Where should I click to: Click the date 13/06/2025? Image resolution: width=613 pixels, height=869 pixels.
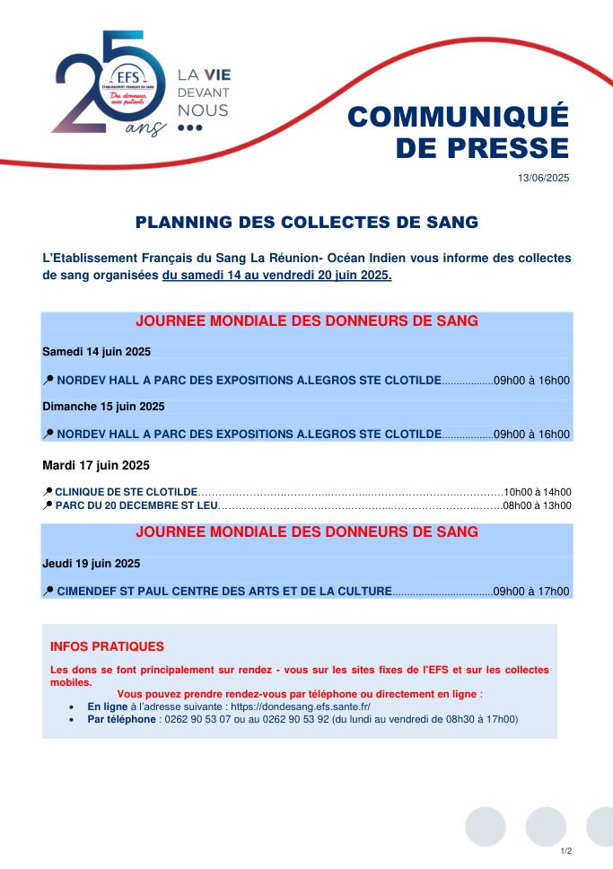point(543,179)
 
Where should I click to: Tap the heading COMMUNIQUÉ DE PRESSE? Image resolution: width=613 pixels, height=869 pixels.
point(458,132)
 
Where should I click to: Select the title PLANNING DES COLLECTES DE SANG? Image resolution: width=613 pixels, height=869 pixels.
point(306,222)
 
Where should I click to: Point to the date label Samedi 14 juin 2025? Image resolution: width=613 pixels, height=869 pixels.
point(96,350)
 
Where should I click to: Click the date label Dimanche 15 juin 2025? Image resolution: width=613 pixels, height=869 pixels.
point(103,407)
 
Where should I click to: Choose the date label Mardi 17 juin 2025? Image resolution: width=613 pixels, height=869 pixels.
point(95,466)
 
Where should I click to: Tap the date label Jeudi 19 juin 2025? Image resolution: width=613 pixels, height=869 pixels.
point(91,564)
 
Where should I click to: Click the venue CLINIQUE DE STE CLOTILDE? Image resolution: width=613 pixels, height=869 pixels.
point(127,492)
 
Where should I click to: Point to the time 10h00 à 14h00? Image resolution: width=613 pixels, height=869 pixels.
point(538,492)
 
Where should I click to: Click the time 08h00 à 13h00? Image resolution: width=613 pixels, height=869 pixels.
point(537,505)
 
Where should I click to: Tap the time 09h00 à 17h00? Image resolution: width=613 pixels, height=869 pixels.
point(531,592)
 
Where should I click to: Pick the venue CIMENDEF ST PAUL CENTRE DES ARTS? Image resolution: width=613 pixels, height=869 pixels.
point(224,592)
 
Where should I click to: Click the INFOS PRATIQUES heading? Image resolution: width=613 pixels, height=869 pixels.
point(108,646)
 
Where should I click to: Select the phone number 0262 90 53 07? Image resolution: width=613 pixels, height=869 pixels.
point(196,720)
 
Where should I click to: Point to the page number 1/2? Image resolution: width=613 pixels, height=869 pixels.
point(565,850)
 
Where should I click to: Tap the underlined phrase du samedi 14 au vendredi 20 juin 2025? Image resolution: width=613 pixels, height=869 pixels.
point(277,276)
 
